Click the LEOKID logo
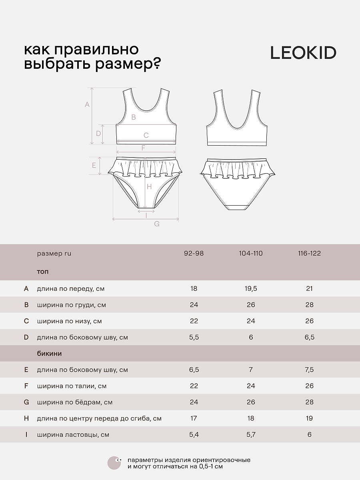click(303, 53)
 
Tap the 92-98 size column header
click(194, 253)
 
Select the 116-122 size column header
click(309, 253)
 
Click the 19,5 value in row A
click(251, 289)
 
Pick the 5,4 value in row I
click(194, 434)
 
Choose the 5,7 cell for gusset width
click(251, 434)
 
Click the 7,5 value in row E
click(309, 370)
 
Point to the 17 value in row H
click(194, 418)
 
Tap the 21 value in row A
click(309, 289)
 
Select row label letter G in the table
click(26, 402)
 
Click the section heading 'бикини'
click(49, 353)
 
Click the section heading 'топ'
click(43, 272)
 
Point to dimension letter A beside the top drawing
click(87, 104)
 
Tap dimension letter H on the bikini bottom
click(149, 186)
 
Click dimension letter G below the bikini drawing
click(157, 224)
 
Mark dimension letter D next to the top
click(98, 133)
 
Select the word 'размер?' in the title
click(128, 64)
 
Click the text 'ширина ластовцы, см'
click(73, 434)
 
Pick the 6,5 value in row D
click(309, 337)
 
